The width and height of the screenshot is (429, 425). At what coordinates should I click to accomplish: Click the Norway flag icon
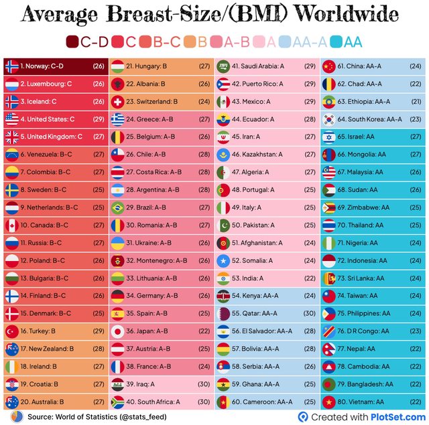point(11,66)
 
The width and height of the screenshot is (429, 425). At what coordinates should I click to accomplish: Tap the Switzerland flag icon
point(117,102)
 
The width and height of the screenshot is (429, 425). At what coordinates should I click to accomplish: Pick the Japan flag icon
point(117,331)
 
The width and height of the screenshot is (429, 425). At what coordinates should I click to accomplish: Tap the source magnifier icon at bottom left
point(14,416)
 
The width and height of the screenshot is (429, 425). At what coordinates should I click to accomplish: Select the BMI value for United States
point(99,119)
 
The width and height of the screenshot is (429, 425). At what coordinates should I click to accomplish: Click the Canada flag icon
point(11,225)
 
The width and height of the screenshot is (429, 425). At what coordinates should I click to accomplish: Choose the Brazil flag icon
point(117,207)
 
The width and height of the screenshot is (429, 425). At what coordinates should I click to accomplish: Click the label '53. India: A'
point(248,278)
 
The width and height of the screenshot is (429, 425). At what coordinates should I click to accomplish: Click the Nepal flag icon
point(328,348)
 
